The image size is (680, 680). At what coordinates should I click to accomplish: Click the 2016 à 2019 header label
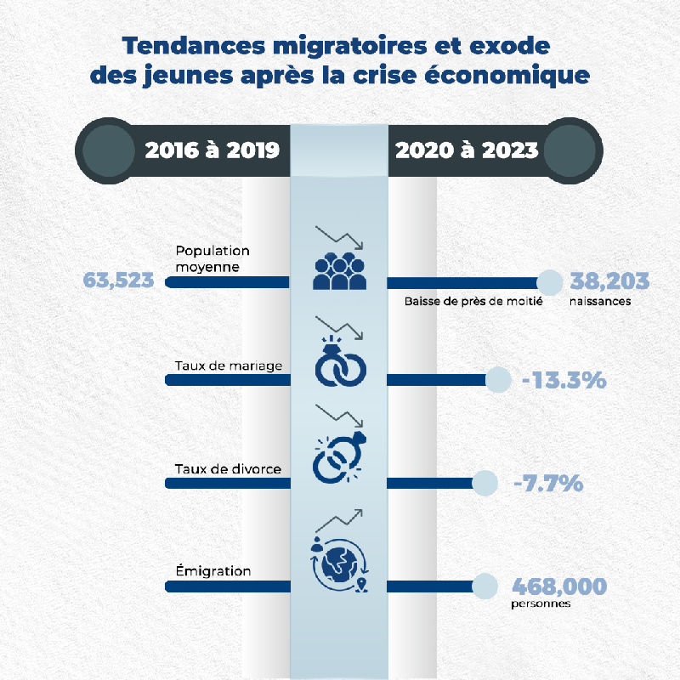212,150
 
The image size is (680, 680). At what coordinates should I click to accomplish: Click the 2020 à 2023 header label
467,150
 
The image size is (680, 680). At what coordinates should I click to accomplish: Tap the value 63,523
118,280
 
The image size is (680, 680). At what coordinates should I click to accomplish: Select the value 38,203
609,280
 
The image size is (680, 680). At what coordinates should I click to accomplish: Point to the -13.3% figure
564,380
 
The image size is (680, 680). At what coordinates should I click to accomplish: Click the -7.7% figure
548,483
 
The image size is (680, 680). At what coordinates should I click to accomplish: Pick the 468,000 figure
559,586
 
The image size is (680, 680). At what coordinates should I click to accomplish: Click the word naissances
600,302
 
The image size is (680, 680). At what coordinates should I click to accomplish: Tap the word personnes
541,604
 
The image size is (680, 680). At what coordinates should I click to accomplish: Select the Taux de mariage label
229,366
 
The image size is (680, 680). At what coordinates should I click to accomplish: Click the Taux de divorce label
228,469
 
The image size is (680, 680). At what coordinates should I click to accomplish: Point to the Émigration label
213,570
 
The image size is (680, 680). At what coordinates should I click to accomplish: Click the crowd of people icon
339,271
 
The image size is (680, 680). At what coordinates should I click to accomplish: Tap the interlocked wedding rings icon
341,360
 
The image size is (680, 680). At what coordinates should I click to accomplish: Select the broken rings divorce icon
339,457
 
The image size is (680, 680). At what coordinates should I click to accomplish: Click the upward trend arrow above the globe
338,520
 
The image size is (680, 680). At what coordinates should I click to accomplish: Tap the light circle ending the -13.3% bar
498,380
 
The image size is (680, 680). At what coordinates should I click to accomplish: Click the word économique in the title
507,75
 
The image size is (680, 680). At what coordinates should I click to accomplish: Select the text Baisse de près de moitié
473,302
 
